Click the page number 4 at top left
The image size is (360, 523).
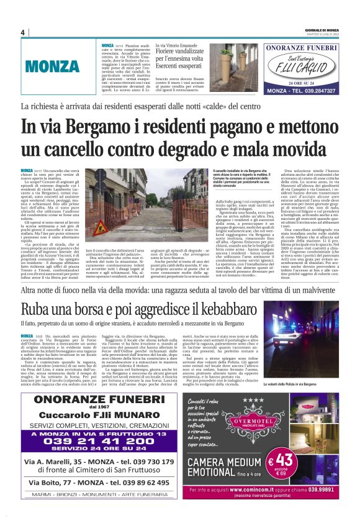22,33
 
